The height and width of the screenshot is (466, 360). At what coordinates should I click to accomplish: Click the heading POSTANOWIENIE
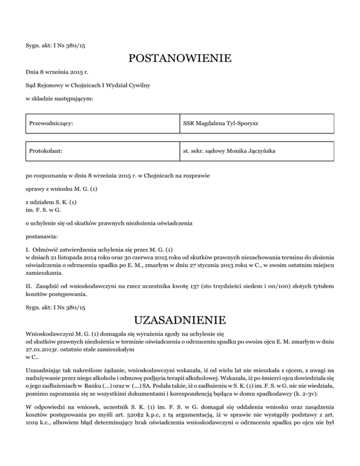click(x=180, y=59)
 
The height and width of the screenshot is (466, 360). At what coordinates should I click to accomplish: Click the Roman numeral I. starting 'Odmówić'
click(x=28, y=251)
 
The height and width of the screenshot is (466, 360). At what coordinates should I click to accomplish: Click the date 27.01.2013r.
click(x=42, y=349)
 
